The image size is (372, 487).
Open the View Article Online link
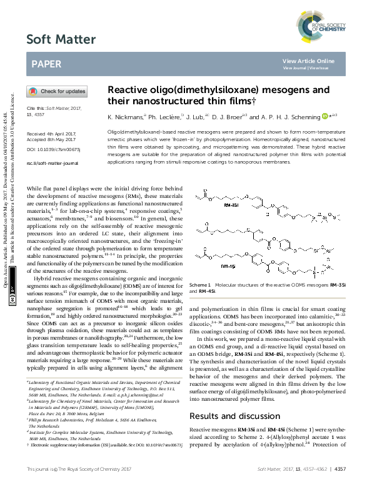click(x=308, y=61)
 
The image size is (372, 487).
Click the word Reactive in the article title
click(x=128, y=90)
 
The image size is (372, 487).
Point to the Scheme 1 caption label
click(x=201, y=283)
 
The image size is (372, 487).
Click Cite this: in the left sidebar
click(x=37, y=108)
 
